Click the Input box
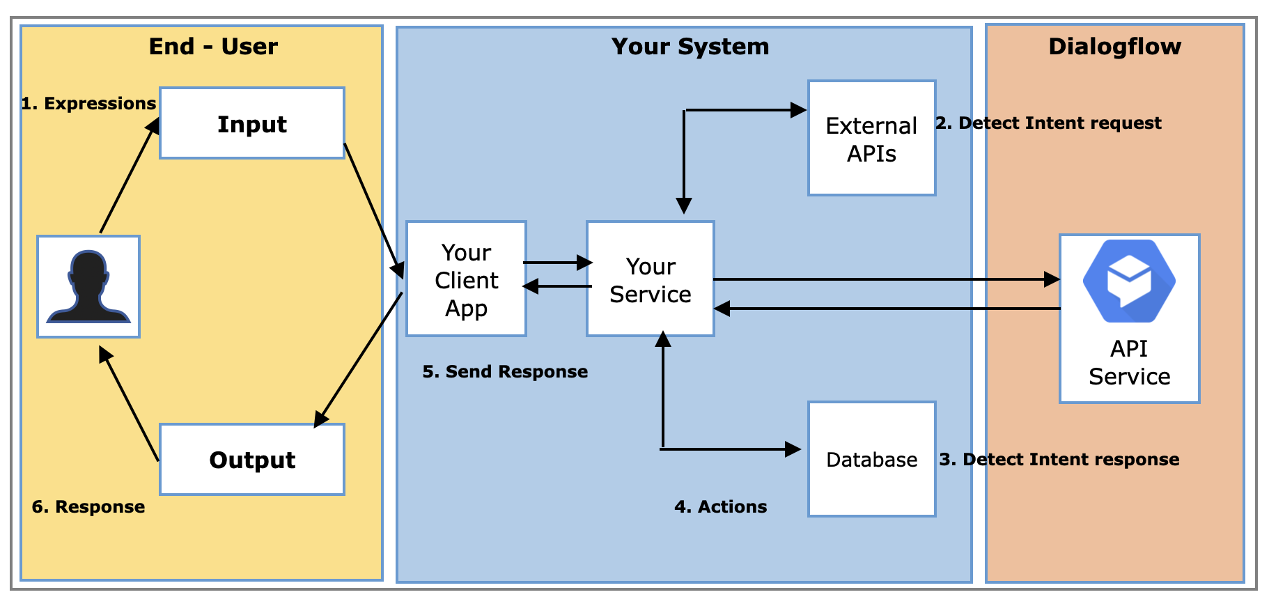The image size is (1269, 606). pos(252,123)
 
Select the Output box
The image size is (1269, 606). pos(252,460)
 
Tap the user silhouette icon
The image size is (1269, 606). pos(88,287)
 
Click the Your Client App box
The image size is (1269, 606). pos(466,279)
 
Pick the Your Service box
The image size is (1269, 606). pos(650,279)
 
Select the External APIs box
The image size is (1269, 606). pos(871,139)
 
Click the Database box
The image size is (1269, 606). pos(871,460)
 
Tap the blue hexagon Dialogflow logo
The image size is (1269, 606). pos(1129,281)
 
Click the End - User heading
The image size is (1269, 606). pos(213,47)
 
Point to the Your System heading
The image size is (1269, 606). pos(690,47)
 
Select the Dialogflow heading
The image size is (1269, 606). pos(1114,47)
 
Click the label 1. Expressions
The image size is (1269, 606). pos(88,104)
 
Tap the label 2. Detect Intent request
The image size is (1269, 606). pos(1048,123)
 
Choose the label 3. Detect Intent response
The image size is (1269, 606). pos(1059,460)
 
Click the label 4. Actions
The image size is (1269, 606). pos(720,507)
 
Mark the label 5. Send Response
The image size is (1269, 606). pos(505,372)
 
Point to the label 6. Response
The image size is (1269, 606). pos(88,507)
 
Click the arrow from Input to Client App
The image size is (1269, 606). pos(373,209)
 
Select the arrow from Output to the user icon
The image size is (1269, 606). pos(130,404)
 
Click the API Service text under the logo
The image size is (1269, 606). pos(1129,363)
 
